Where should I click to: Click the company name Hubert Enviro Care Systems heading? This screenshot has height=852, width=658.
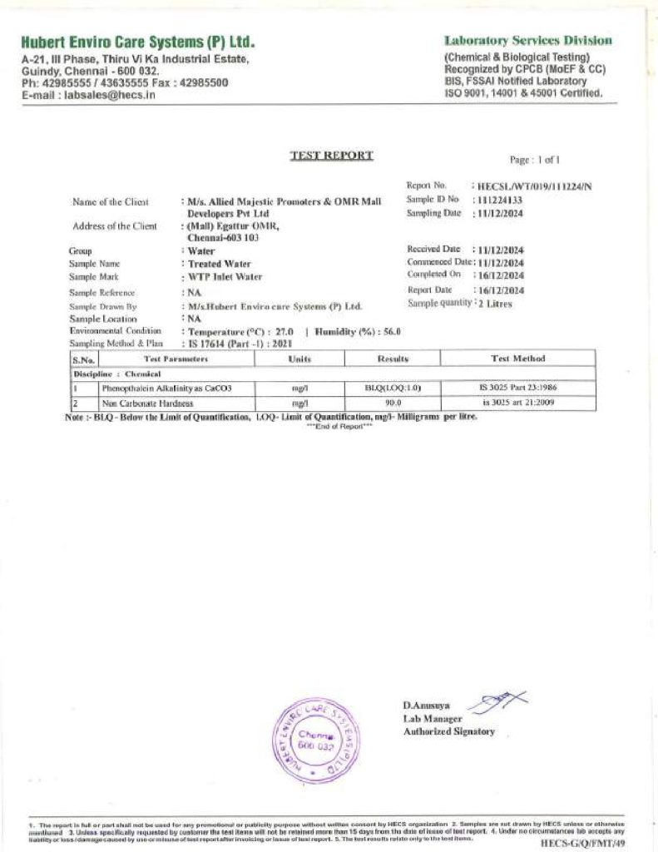(138, 42)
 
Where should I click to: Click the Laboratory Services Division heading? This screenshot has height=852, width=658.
(528, 40)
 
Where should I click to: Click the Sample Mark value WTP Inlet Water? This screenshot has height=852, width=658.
(225, 276)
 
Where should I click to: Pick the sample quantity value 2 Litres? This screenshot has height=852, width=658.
(495, 304)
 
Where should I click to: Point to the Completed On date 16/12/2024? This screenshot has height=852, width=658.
(500, 275)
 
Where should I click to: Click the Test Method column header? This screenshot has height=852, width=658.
(517, 359)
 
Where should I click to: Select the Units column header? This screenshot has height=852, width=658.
(299, 359)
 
